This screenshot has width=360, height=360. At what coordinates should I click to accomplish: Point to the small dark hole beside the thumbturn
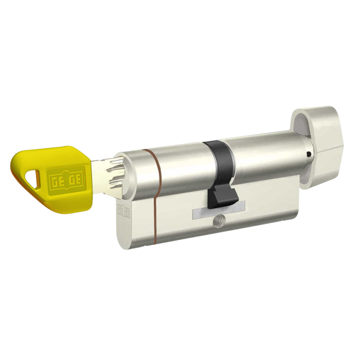(x=309, y=154)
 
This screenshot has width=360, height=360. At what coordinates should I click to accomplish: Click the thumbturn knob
(x=318, y=144)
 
